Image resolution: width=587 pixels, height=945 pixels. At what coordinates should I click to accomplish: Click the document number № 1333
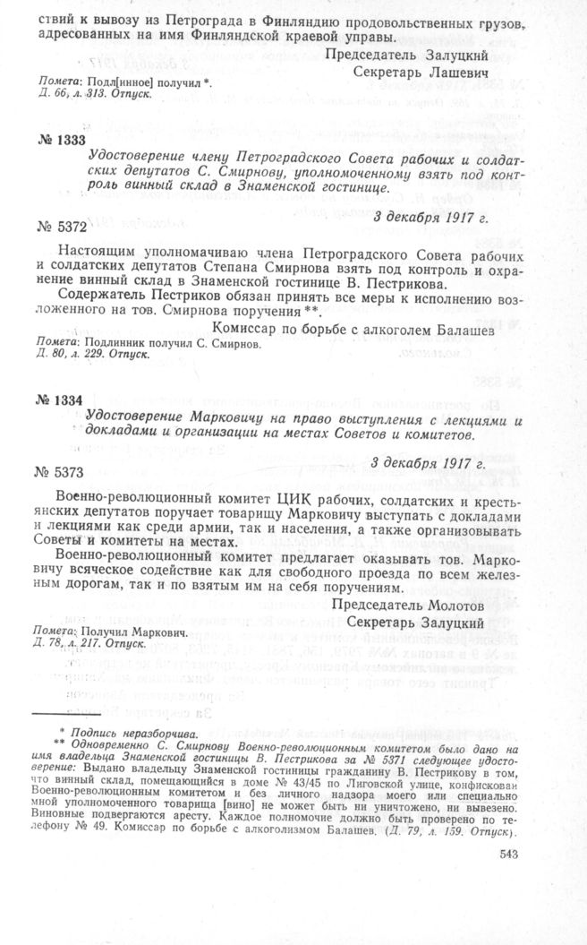62,141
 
